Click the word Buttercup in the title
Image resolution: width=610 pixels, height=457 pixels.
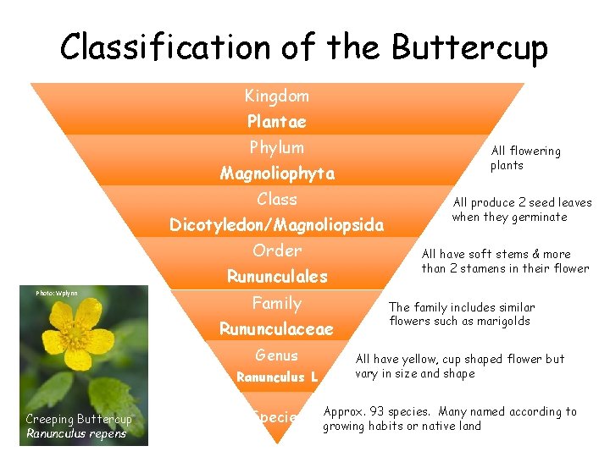(x=469, y=47)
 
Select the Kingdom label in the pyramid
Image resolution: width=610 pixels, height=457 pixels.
(x=277, y=96)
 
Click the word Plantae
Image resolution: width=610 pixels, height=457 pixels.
(x=277, y=122)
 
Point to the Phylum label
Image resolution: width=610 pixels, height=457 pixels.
(x=277, y=147)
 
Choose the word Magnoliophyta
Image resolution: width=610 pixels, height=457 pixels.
(x=277, y=173)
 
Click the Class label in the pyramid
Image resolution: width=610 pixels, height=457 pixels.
(x=277, y=200)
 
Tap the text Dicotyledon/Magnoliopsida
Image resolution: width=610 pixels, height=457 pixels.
(x=277, y=225)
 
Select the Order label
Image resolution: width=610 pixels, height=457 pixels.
(x=277, y=251)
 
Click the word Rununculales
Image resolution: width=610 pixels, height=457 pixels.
(x=277, y=277)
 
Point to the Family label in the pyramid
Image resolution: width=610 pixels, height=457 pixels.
(x=277, y=303)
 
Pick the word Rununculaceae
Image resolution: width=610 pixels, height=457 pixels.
(x=277, y=328)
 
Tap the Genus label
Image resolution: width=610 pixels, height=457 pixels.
(x=277, y=355)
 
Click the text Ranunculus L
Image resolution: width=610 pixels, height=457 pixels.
(x=277, y=377)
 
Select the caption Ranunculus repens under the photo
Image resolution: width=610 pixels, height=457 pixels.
(x=76, y=434)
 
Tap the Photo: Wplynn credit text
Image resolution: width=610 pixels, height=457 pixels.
(x=57, y=293)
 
